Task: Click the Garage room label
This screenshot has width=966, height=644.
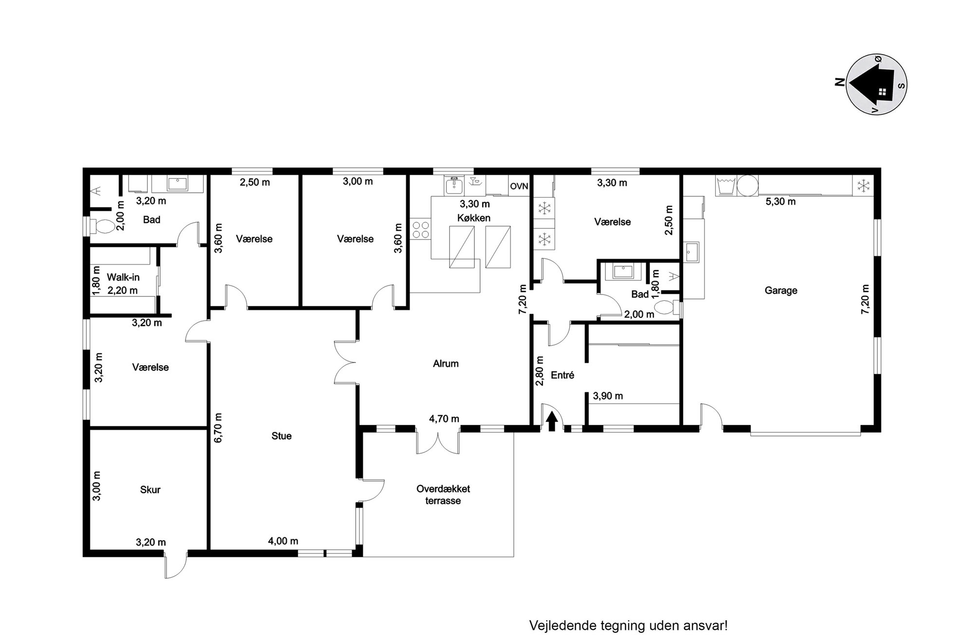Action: click(781, 291)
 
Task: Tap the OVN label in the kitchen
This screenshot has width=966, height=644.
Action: click(519, 186)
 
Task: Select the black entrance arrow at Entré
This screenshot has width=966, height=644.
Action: click(551, 422)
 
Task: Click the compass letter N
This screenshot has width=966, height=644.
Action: click(839, 82)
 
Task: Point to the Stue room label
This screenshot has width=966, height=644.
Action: click(281, 436)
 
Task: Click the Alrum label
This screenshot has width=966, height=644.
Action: click(446, 364)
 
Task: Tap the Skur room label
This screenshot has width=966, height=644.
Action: click(150, 490)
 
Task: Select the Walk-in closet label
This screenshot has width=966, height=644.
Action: click(123, 277)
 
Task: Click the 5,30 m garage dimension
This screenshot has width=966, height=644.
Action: click(780, 202)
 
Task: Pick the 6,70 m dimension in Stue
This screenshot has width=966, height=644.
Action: click(218, 428)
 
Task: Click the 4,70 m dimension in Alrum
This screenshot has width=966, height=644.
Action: click(444, 419)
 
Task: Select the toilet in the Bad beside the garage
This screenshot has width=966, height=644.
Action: click(666, 308)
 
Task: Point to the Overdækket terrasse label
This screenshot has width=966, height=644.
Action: click(443, 495)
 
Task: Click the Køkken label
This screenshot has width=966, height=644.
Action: click(474, 218)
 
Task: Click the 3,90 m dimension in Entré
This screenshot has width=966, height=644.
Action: click(608, 396)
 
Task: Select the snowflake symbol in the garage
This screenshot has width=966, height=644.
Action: click(863, 186)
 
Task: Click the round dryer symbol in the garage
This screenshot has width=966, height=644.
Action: click(747, 185)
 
